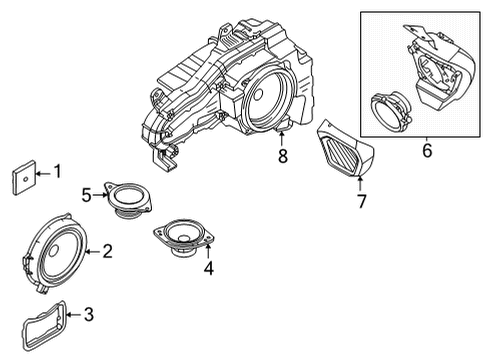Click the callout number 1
(58, 171)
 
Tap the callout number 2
(107, 251)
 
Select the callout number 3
(89, 314)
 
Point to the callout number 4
(209, 268)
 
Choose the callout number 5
(87, 195)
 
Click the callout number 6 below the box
(427, 150)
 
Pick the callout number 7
(362, 201)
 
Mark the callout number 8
(283, 156)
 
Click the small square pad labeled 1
(24, 177)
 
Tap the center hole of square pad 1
(25, 179)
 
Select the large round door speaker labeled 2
(56, 253)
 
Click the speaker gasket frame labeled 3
(45, 325)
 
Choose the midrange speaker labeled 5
(128, 199)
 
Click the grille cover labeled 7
(345, 148)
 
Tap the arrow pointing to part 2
(93, 252)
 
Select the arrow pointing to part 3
(74, 314)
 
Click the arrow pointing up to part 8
(282, 139)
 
